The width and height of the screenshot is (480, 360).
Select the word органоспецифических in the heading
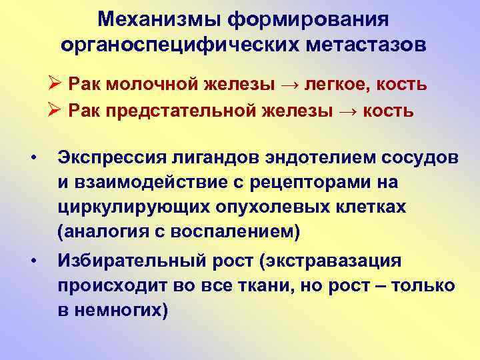(168, 44)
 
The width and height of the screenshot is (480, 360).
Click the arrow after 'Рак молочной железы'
(296, 85)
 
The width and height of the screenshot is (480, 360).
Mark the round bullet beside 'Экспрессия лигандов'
(33, 158)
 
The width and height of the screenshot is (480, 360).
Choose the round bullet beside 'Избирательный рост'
(33, 261)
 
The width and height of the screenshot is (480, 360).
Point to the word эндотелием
(307, 158)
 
